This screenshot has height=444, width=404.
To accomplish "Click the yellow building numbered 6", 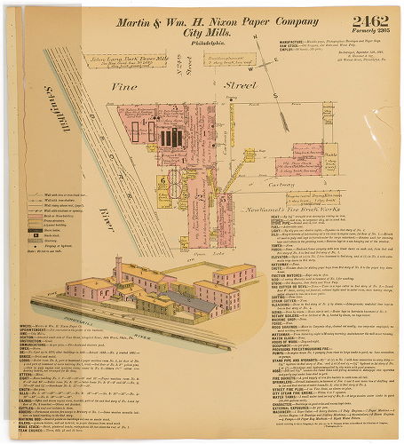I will coord(166,179).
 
